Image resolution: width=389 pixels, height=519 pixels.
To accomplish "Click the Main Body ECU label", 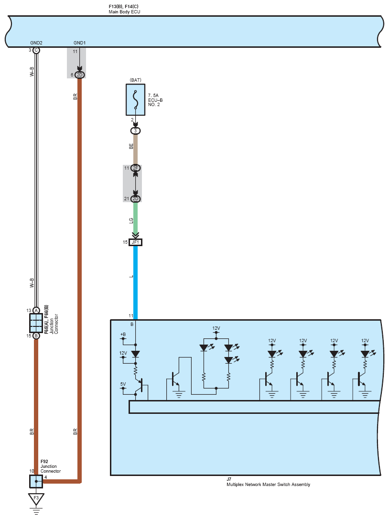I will (x=124, y=11).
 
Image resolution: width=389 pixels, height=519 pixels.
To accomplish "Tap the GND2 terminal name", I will (x=36, y=43).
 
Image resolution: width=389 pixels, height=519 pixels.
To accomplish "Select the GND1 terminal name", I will (x=79, y=43).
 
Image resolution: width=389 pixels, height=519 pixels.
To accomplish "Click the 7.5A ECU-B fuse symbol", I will (x=135, y=99).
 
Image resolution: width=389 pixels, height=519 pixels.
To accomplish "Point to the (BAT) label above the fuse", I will (x=135, y=80).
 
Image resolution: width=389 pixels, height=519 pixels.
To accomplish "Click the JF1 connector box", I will (x=135, y=242).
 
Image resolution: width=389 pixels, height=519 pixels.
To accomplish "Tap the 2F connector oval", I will (x=135, y=168).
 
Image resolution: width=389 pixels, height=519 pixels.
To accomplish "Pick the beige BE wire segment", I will (x=135, y=149).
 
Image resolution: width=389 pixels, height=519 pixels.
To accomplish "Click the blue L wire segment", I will (x=135, y=282).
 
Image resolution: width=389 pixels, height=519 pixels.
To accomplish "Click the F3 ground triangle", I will (x=36, y=499).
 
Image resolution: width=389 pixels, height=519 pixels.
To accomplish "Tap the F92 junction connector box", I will (x=36, y=481).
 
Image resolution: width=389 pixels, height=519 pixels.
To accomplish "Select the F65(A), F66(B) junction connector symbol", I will (x=36, y=323).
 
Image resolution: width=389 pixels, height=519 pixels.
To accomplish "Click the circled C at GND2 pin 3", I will (x=36, y=50).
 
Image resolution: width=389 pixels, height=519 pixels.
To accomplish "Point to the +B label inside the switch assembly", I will (x=123, y=334).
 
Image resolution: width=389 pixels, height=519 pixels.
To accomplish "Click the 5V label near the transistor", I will (x=123, y=384).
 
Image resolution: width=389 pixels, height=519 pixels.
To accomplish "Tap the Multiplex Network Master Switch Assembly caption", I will (x=268, y=485).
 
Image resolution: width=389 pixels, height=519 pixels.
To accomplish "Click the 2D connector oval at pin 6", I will (x=79, y=75).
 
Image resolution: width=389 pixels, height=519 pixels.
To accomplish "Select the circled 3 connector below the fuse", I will (x=135, y=130).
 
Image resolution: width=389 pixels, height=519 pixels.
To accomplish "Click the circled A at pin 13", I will (x=36, y=311).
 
